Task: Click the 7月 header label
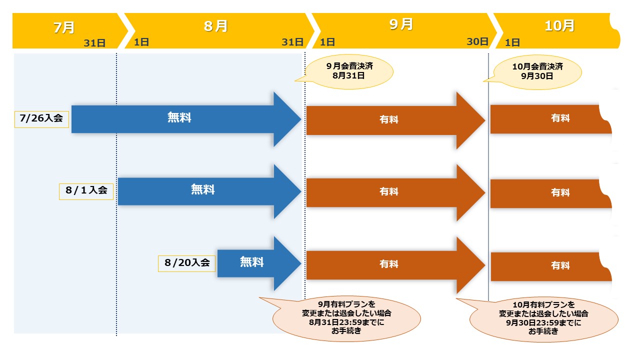tap(63, 27)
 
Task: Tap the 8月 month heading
tap(215, 26)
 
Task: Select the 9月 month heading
tap(401, 24)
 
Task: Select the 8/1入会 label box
tap(86, 191)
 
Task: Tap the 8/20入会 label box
tap(187, 263)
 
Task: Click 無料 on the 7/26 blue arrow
tap(179, 118)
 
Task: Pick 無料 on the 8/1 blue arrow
tap(202, 189)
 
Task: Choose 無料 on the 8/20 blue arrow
tap(251, 261)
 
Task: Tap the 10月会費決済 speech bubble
tap(538, 71)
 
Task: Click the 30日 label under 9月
tap(477, 42)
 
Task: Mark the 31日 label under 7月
tap(94, 43)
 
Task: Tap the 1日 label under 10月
tap(512, 43)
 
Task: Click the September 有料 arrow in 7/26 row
tap(389, 120)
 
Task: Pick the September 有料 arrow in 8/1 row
tap(389, 192)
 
